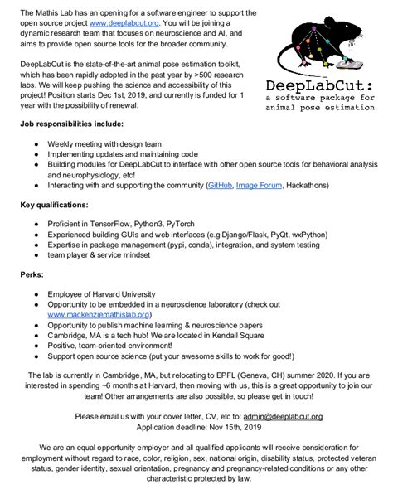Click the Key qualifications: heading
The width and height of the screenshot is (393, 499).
tap(54, 202)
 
